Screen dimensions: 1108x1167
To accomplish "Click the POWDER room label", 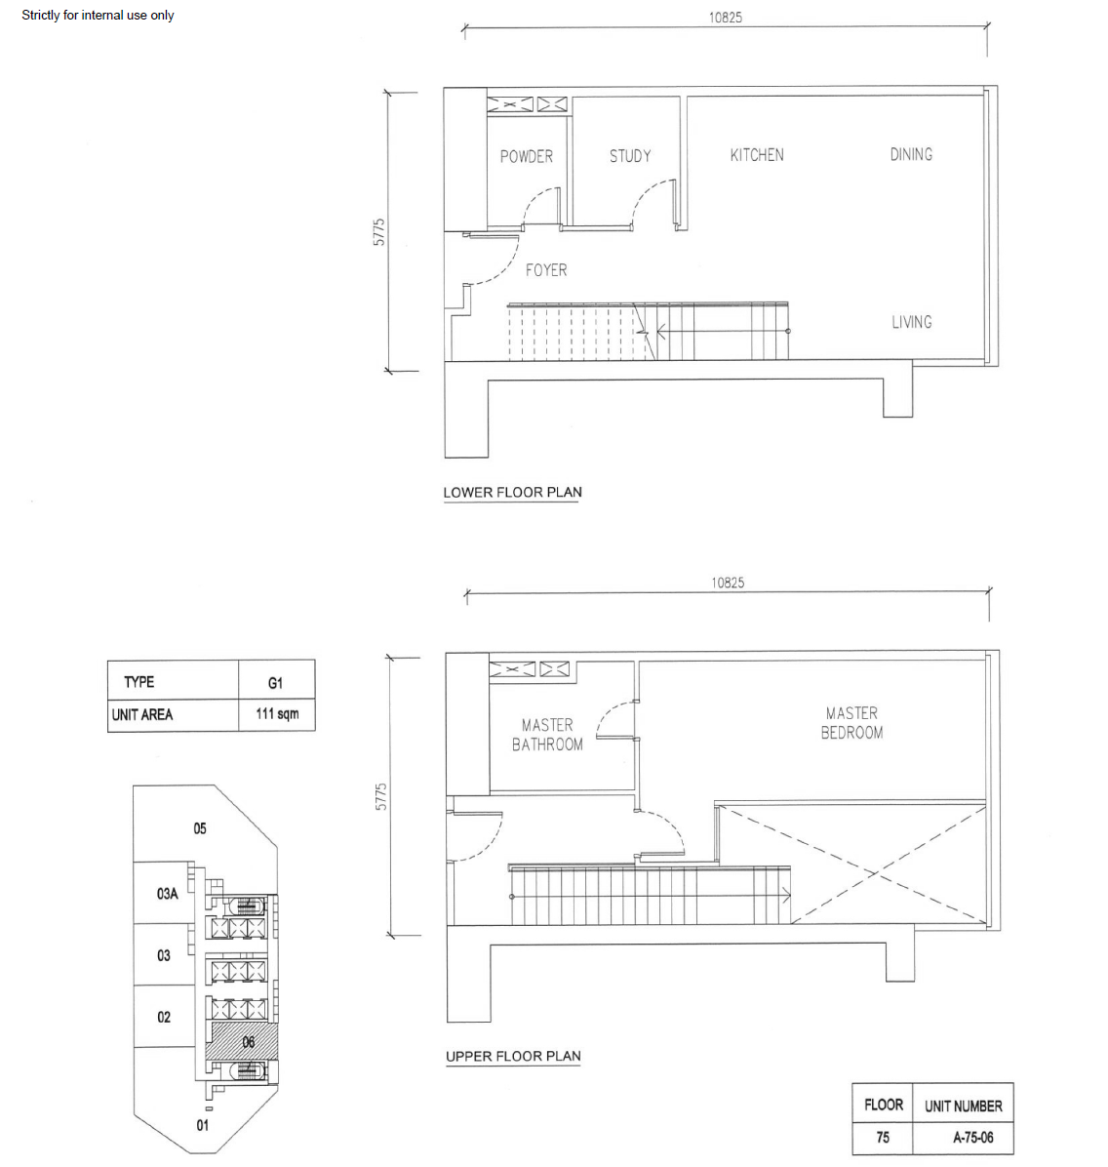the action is pyautogui.click(x=526, y=156).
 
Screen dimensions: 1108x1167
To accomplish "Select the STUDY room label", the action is pyautogui.click(x=629, y=155).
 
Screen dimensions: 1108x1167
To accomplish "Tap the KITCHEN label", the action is pyautogui.click(x=757, y=155).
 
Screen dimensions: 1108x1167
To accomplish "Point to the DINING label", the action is pyautogui.click(x=911, y=154).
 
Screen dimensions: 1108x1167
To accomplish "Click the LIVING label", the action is pyautogui.click(x=912, y=322).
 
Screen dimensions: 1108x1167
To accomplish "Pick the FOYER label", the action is pyautogui.click(x=546, y=270).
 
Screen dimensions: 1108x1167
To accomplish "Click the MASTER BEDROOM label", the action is pyautogui.click(x=852, y=723).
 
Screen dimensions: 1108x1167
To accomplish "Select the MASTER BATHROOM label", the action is pyautogui.click(x=548, y=735).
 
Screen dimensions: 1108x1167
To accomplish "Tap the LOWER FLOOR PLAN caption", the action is pyautogui.click(x=513, y=492).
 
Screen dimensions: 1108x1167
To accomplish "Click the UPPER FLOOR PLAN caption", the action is pyautogui.click(x=513, y=1056).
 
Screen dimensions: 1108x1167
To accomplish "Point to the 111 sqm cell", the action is pyautogui.click(x=277, y=713).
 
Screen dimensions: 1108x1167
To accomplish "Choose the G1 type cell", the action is pyautogui.click(x=275, y=682).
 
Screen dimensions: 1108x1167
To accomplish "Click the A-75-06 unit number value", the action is pyautogui.click(x=972, y=1137).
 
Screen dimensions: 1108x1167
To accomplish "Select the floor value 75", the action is pyautogui.click(x=883, y=1137).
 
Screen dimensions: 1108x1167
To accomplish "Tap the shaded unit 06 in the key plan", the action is pyautogui.click(x=249, y=1042).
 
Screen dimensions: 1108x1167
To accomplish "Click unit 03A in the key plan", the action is pyautogui.click(x=168, y=893).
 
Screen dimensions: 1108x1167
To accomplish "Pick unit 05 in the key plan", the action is pyautogui.click(x=199, y=828).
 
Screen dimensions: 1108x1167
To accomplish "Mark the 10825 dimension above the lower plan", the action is pyautogui.click(x=726, y=18).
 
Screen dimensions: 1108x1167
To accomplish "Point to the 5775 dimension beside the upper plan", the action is pyautogui.click(x=381, y=796).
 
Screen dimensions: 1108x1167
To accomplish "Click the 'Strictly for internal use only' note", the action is pyautogui.click(x=98, y=15).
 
